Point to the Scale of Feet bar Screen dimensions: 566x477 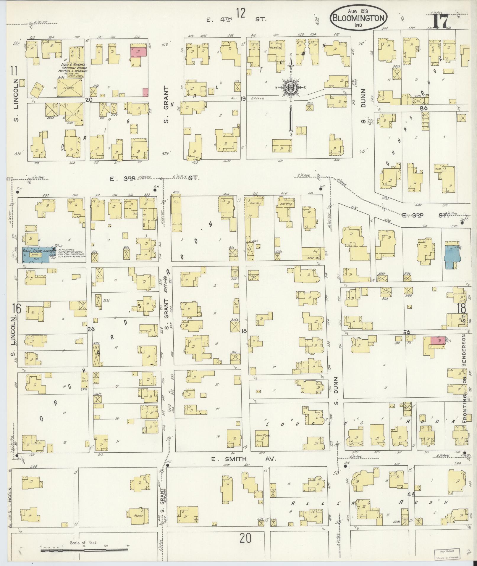coord(84,550)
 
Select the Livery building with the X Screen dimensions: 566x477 coord(70,88)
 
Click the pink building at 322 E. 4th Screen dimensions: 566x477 coord(139,51)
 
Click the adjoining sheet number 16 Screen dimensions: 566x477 coord(16,309)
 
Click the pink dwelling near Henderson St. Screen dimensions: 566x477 coord(438,341)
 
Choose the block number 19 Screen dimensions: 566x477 coord(243,99)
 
